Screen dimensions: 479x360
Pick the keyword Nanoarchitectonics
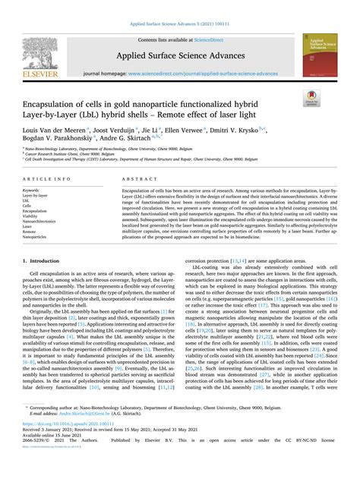tap(40, 221)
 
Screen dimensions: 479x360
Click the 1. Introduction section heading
tap(43, 260)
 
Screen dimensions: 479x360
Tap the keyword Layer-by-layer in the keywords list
tap(36, 195)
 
